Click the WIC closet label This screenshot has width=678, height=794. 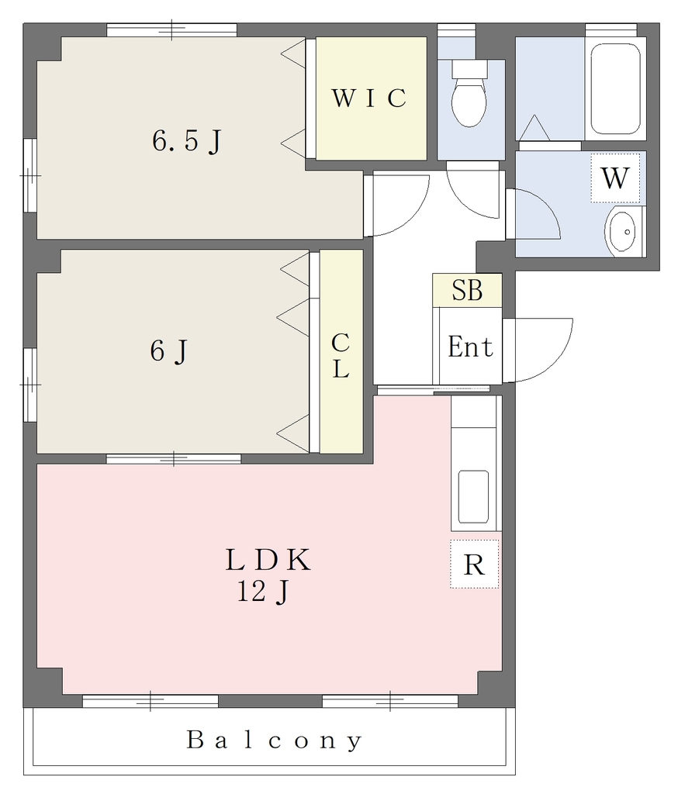click(x=369, y=98)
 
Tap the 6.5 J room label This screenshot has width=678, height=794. click(x=187, y=141)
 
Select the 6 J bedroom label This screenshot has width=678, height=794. click(x=169, y=350)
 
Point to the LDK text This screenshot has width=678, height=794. click(x=268, y=560)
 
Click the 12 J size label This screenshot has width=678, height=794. click(x=263, y=591)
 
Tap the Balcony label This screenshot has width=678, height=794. click(x=274, y=740)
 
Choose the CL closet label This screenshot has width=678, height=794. click(x=341, y=356)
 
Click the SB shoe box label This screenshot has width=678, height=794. click(x=467, y=290)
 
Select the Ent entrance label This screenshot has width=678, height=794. click(x=470, y=347)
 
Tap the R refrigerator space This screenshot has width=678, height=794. click(x=474, y=564)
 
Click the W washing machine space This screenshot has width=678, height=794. click(x=615, y=178)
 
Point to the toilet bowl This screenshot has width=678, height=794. click(x=469, y=101)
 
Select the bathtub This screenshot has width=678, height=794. click(x=615, y=88)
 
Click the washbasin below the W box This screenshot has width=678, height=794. click(x=621, y=233)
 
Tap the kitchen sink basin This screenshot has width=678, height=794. click(x=473, y=497)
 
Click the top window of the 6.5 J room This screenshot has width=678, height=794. click(x=171, y=30)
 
